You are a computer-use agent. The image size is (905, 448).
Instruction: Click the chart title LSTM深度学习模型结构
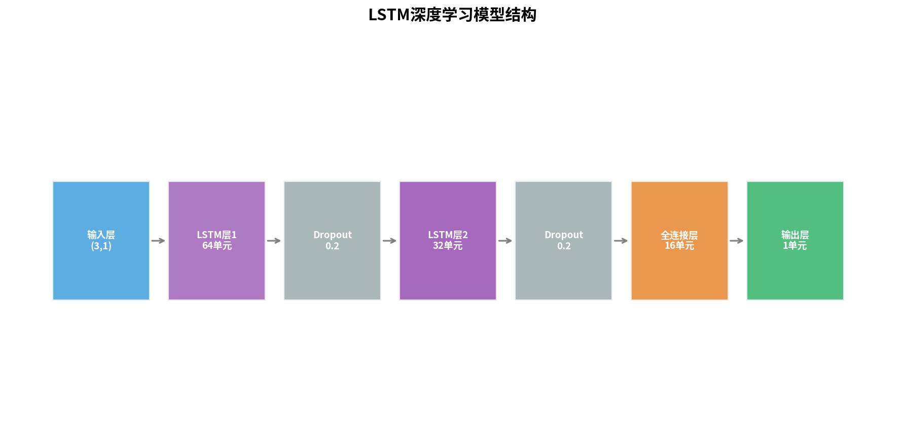452,15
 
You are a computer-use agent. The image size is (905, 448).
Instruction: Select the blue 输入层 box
101,241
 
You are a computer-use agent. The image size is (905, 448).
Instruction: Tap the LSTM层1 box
216,241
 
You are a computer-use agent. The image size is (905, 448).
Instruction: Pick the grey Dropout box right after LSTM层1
332,241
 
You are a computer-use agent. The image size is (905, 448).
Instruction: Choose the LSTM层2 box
448,241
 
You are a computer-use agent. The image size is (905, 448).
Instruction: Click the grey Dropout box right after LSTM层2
563,241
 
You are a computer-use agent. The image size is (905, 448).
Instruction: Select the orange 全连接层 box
679,241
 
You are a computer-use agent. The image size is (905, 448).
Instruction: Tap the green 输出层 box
795,241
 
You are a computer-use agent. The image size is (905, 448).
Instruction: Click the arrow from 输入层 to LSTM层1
158,241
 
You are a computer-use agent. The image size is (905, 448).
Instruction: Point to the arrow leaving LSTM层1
274,241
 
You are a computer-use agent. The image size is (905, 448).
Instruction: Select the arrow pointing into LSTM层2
389,241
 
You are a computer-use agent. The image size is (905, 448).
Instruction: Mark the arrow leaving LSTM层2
505,241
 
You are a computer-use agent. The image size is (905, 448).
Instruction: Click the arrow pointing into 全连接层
621,241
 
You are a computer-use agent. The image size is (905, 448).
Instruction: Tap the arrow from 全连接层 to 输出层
736,241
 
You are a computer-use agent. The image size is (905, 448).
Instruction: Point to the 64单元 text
217,246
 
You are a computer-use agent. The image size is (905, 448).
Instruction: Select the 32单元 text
448,246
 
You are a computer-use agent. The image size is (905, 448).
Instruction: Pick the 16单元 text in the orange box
679,246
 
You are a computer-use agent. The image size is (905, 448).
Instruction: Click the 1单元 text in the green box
795,246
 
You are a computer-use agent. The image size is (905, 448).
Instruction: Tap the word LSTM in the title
389,15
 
